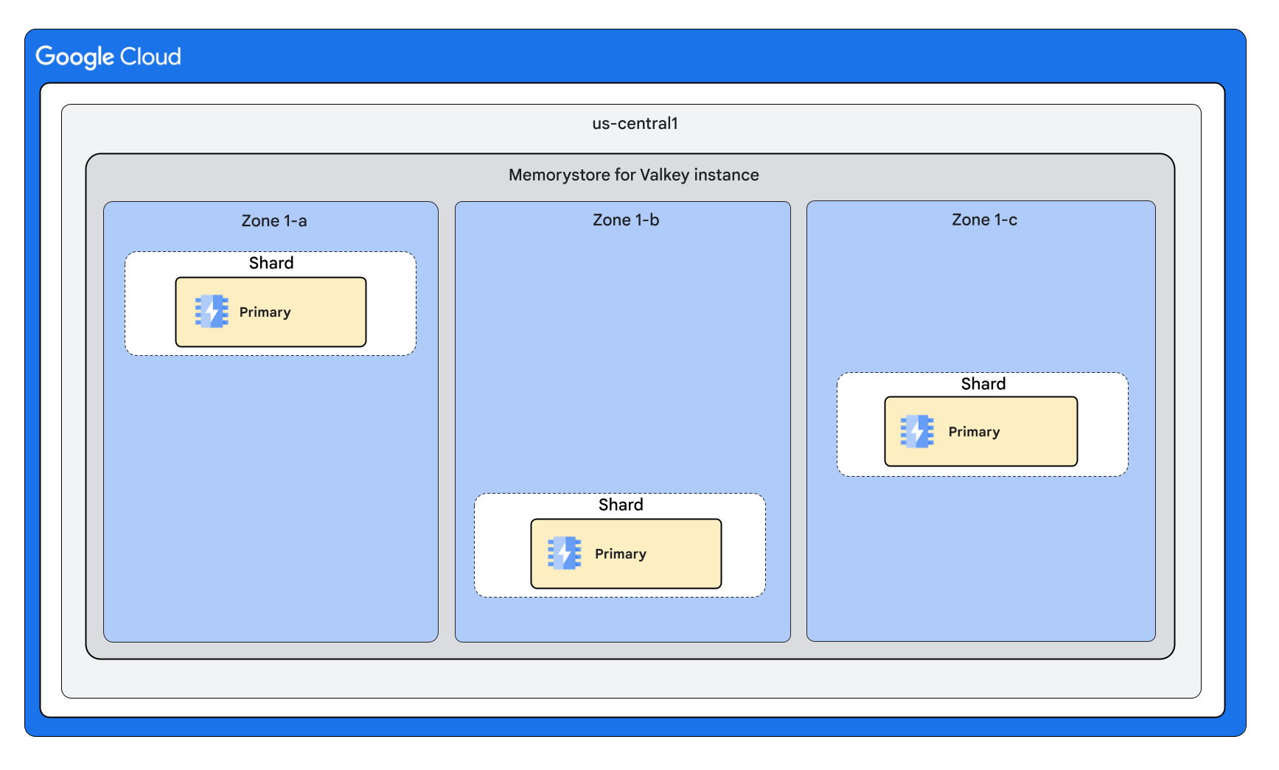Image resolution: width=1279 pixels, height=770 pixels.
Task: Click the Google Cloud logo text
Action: [x=108, y=57]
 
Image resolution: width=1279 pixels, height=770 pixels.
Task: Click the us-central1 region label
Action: [x=635, y=124]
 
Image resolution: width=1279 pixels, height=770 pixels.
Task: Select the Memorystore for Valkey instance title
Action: [x=633, y=175]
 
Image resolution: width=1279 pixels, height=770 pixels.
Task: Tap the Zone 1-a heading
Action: [x=273, y=221]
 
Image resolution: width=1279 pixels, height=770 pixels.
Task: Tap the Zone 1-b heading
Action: [x=625, y=220]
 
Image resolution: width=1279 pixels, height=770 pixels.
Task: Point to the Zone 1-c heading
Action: [x=983, y=220]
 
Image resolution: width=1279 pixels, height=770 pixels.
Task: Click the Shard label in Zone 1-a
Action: [x=271, y=263]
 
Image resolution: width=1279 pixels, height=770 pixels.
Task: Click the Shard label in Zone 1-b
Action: [x=620, y=505]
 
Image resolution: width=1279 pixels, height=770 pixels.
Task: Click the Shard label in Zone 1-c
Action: [x=983, y=384]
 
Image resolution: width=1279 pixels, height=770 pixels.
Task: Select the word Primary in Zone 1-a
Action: [x=265, y=312]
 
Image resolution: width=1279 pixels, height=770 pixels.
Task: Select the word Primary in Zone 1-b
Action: [x=620, y=554]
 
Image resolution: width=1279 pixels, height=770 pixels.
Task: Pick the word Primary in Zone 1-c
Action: [x=974, y=432]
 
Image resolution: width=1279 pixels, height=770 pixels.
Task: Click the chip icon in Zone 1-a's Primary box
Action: [x=212, y=312]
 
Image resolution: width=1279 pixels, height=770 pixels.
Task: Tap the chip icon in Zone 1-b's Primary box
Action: [x=564, y=553]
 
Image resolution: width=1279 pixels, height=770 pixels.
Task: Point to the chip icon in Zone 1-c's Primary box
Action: [x=917, y=432]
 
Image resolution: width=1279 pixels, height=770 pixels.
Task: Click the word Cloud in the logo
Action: [x=150, y=57]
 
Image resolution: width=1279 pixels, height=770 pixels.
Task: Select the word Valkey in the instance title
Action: [x=664, y=175]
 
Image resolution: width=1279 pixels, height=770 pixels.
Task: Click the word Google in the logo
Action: [x=75, y=57]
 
